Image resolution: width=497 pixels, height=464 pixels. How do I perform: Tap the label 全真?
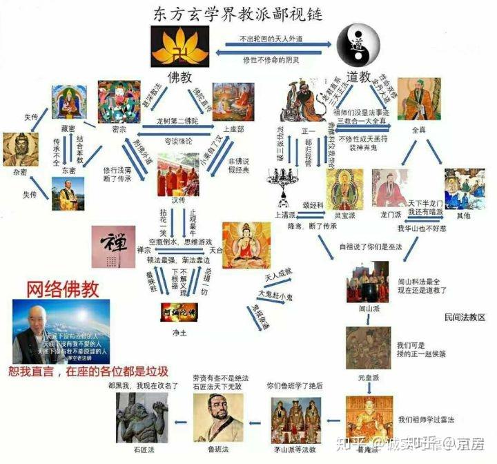click(418, 129)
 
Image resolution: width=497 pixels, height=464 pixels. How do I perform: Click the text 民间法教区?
click(465, 318)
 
